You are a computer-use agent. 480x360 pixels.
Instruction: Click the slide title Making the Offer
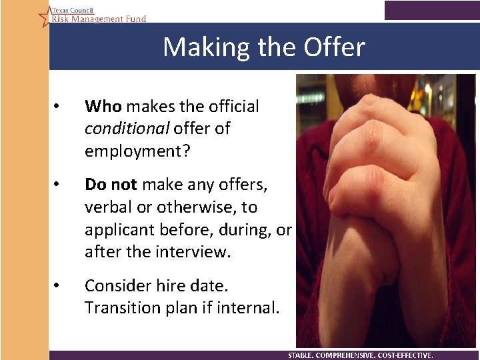(x=264, y=47)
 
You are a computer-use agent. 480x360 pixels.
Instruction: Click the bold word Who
(x=103, y=106)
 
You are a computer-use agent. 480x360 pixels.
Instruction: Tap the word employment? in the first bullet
(x=137, y=151)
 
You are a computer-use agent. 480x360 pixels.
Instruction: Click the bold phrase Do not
(x=111, y=185)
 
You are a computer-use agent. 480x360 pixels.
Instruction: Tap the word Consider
(x=118, y=286)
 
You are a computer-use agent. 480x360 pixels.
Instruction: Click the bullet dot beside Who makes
(x=59, y=106)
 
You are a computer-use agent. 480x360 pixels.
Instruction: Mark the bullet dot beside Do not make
(x=59, y=185)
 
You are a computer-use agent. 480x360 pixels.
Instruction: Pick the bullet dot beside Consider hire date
(x=59, y=286)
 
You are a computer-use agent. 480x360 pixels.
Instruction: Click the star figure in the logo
(x=45, y=15)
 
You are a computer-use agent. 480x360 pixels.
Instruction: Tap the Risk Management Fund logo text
(x=99, y=19)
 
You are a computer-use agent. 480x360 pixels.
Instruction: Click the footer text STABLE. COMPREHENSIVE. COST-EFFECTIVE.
(x=360, y=355)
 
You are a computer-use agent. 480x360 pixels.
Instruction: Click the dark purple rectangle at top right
(x=431, y=10)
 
